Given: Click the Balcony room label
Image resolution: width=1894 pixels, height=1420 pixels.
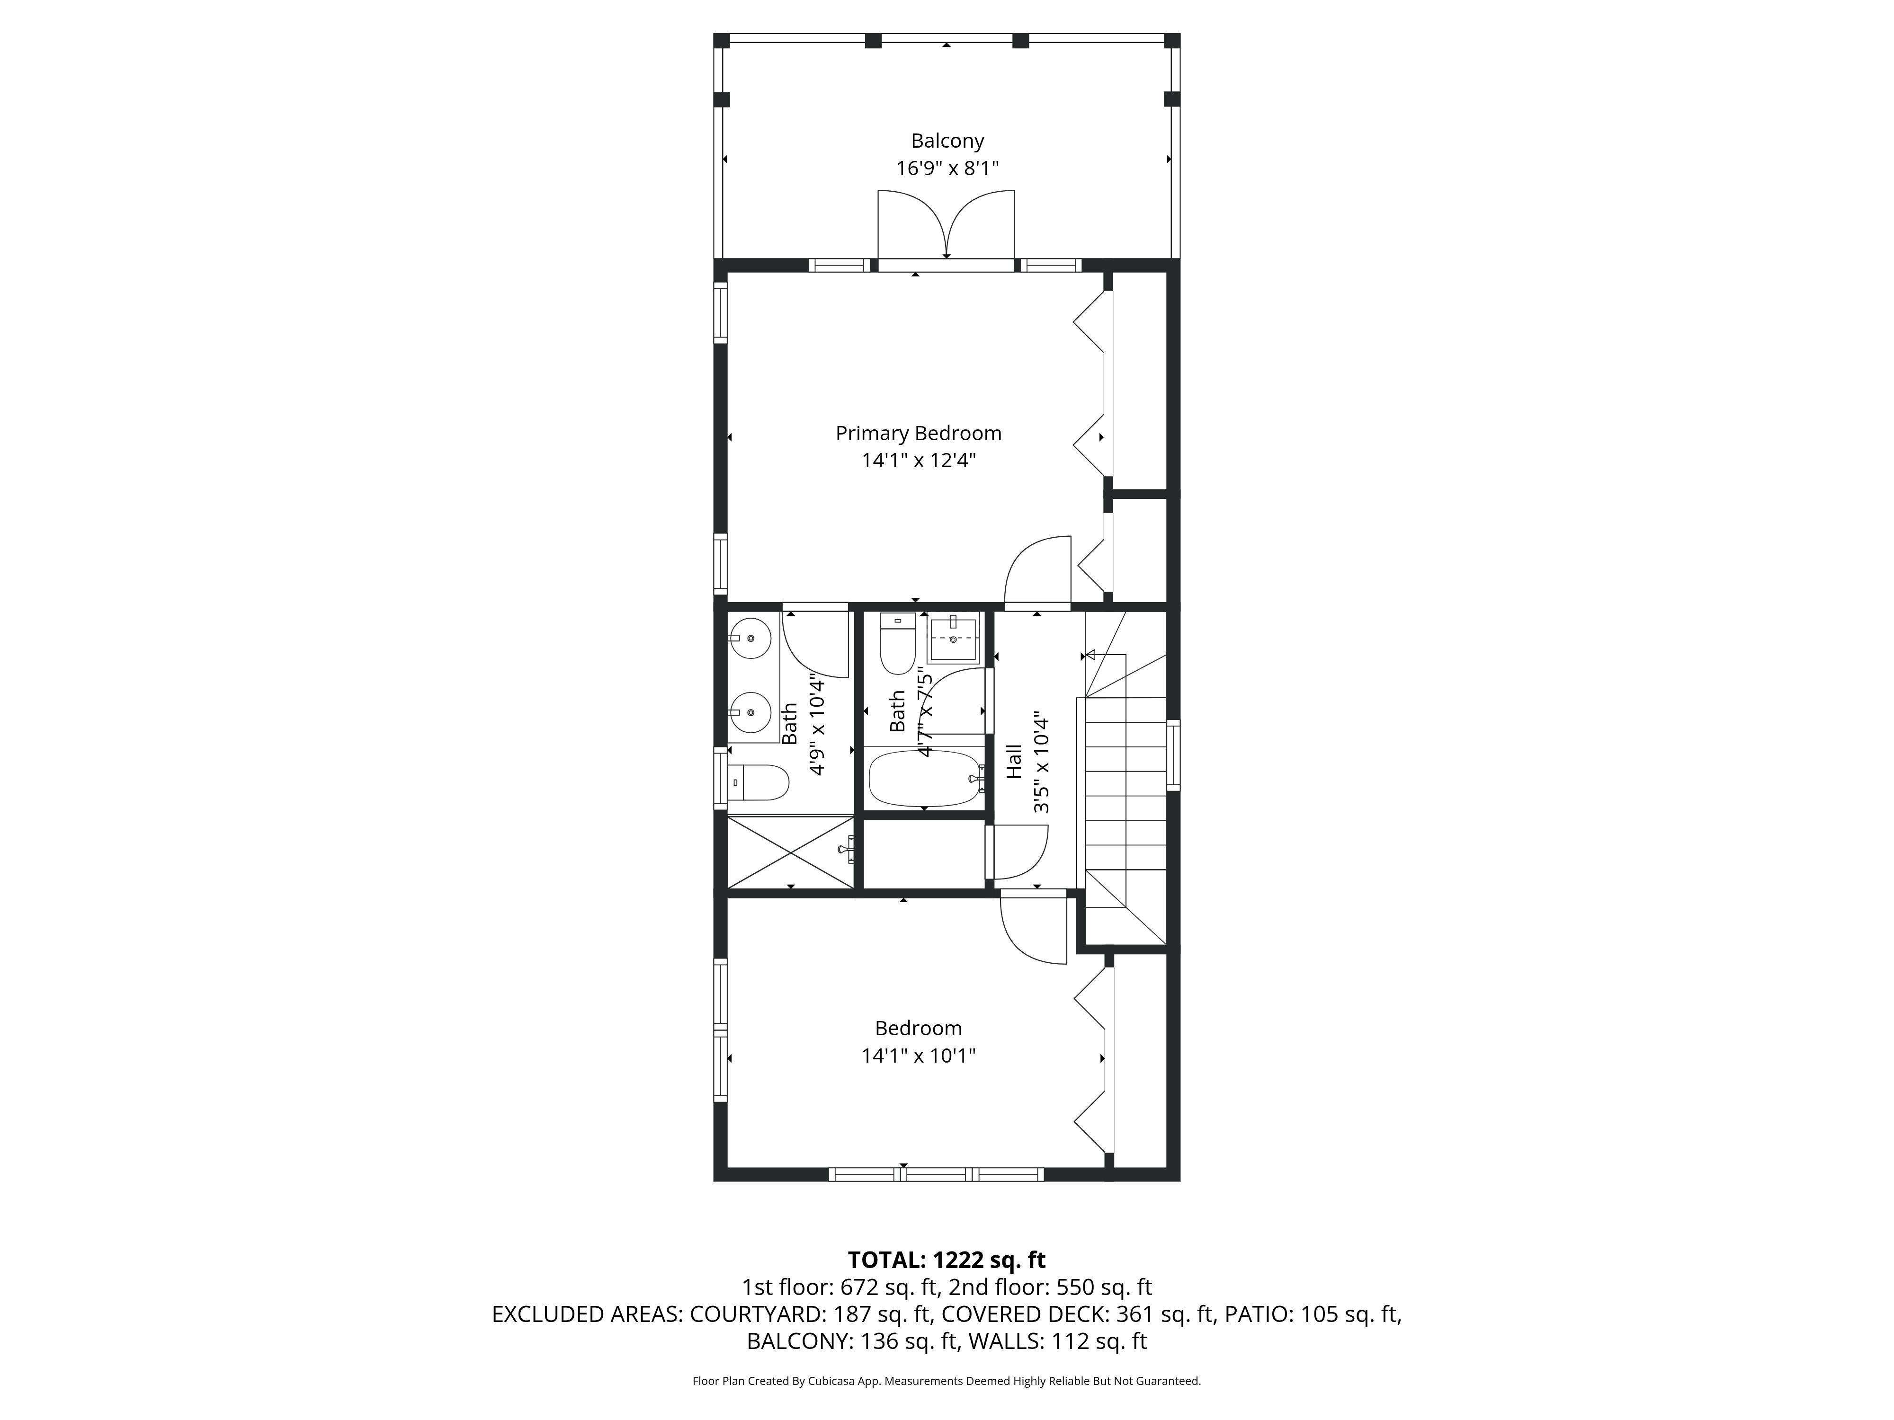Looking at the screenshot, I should point(947,141).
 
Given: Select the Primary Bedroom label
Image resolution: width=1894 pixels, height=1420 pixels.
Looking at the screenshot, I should point(918,433).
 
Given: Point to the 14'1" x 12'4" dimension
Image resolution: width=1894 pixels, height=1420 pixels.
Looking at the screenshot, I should point(918,461).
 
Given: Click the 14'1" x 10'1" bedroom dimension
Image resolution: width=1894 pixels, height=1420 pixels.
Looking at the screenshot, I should point(918,1056).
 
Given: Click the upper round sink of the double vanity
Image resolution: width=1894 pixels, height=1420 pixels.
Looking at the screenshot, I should point(751,639).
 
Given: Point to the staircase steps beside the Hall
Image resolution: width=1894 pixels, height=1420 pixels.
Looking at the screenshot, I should point(1125,796).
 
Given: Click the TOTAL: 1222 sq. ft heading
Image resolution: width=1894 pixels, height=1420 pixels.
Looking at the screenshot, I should point(946,1259).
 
